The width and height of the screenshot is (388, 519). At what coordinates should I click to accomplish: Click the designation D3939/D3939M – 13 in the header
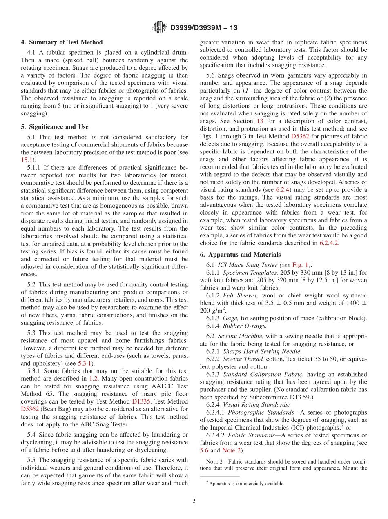pos(203,28)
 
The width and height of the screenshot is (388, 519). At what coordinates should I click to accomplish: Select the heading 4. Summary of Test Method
pos(62,42)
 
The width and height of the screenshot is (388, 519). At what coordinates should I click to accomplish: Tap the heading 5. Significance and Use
pos(55,127)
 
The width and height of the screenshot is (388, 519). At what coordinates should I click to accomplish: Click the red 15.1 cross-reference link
pos(25,160)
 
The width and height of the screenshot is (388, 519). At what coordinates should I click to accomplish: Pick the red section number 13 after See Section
pos(260,121)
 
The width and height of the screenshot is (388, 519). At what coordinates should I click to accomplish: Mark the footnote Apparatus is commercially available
pos(246,484)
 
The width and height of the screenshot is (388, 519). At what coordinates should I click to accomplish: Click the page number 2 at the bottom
pos(194,501)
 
